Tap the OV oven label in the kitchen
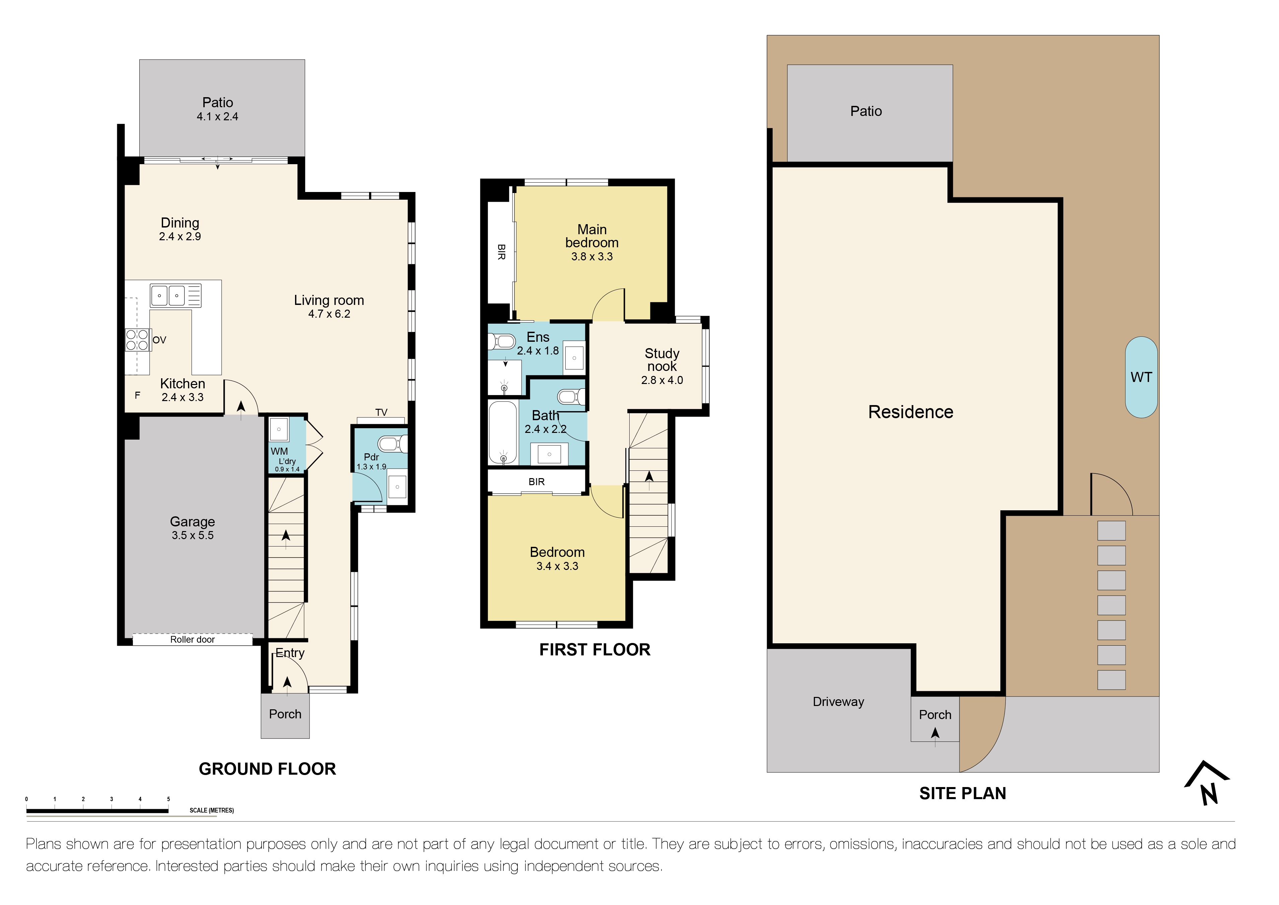159,340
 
